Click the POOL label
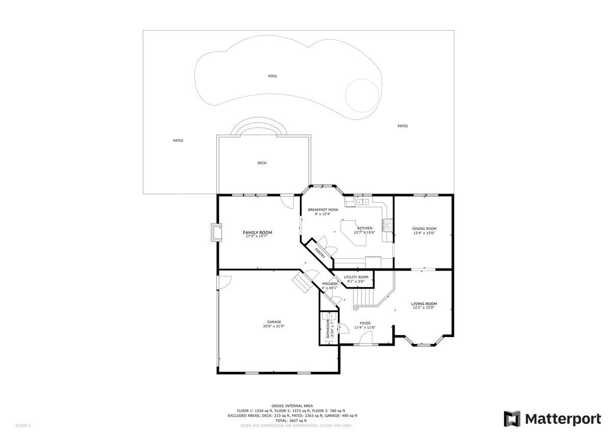click(273, 76)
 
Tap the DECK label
click(262, 163)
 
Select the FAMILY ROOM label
click(258, 232)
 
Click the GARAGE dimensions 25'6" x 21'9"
click(274, 326)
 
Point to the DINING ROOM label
click(424, 229)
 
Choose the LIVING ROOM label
click(424, 304)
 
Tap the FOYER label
click(365, 323)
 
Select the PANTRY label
click(320, 253)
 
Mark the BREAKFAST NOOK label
click(323, 210)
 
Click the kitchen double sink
click(363, 202)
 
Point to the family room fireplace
click(217, 232)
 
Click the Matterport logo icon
click(512, 419)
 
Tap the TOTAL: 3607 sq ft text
click(292, 420)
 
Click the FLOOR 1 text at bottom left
click(23, 425)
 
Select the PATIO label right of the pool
click(402, 126)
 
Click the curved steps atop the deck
click(260, 128)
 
